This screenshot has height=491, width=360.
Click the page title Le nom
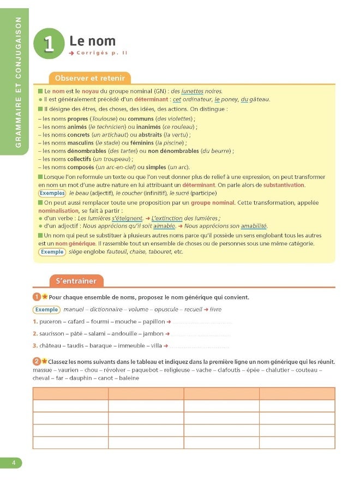[x=92, y=41]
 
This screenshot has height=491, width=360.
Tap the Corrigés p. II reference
[x=100, y=53]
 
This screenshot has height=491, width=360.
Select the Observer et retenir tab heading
[x=90, y=79]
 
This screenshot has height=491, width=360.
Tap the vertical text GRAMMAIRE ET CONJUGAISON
[x=18, y=82]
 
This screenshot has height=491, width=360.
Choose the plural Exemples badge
[x=52, y=193]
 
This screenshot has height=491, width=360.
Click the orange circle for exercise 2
[x=36, y=361]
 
